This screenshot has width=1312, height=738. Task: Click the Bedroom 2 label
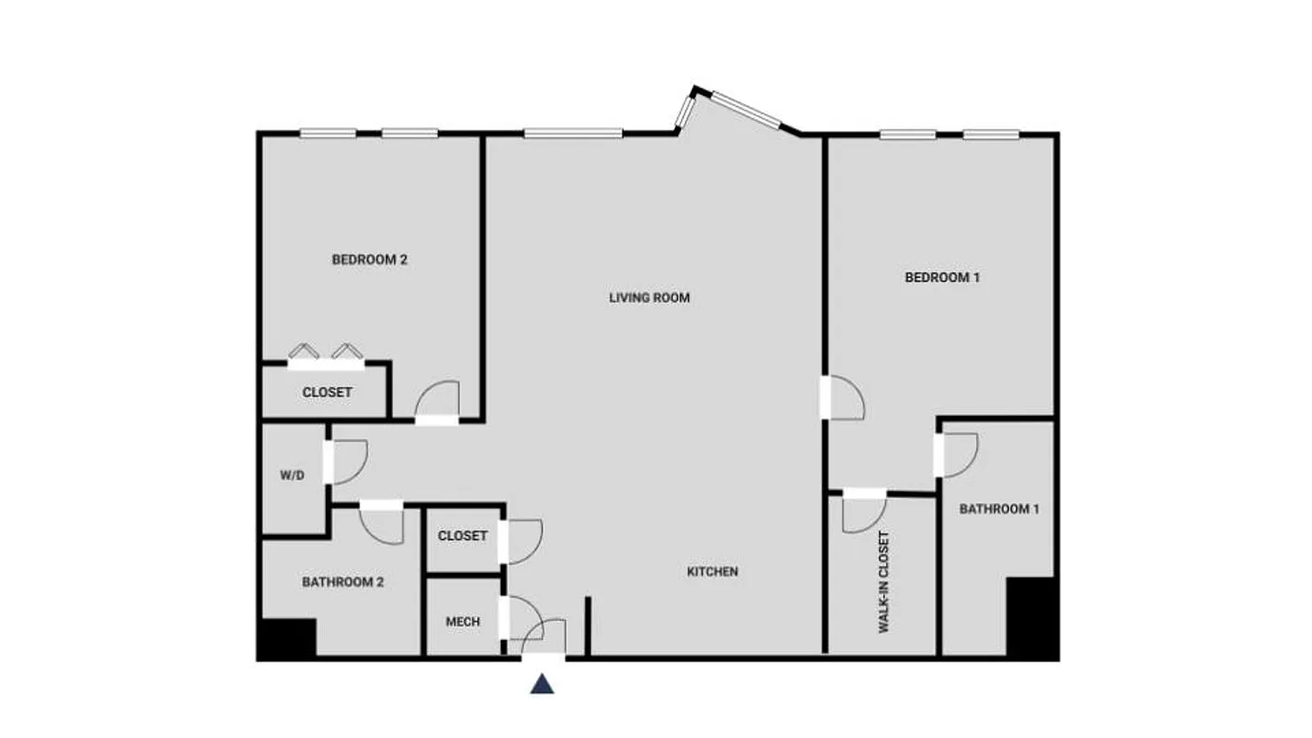pyautogui.click(x=369, y=260)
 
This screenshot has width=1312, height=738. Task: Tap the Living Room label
pyautogui.click(x=649, y=298)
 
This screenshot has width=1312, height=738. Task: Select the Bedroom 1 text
pyautogui.click(x=942, y=278)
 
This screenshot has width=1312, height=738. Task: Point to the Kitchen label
pyautogui.click(x=712, y=572)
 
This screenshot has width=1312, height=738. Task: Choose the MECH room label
pyautogui.click(x=462, y=622)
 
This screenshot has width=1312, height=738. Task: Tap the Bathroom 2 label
pyautogui.click(x=342, y=582)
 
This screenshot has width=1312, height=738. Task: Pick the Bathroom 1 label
pyautogui.click(x=999, y=508)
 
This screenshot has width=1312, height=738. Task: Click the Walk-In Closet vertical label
pyautogui.click(x=883, y=582)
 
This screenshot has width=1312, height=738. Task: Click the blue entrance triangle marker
pyautogui.click(x=543, y=684)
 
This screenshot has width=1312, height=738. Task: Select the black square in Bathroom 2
pyautogui.click(x=287, y=638)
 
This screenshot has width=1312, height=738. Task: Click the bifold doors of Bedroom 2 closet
pyautogui.click(x=323, y=354)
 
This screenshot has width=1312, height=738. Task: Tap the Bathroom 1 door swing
pyautogui.click(x=960, y=455)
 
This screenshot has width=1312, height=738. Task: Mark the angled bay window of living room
pyautogui.click(x=738, y=109)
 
